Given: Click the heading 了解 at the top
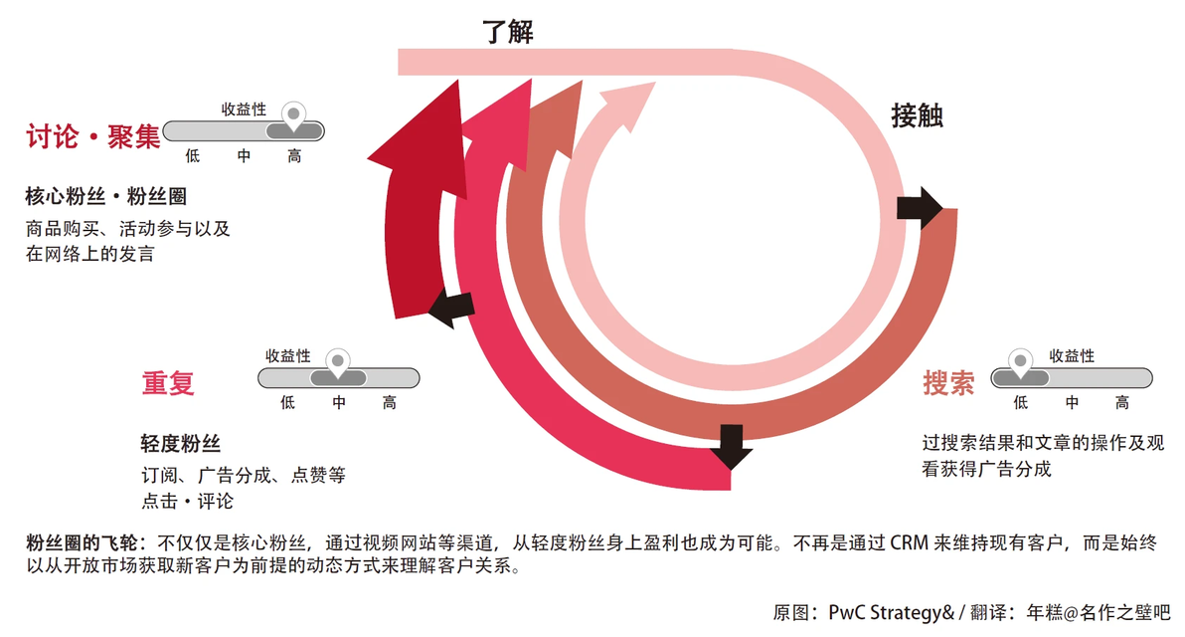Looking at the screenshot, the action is point(508,32).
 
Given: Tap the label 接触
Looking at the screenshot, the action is point(917,115).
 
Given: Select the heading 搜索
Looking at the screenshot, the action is point(948,383).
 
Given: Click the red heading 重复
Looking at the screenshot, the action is point(168,383).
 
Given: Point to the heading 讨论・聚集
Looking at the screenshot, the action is point(93,137).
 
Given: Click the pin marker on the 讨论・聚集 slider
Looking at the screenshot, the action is point(293,115).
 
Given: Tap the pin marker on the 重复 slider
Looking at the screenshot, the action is point(338,362).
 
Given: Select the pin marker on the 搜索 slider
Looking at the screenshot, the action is point(1020,362).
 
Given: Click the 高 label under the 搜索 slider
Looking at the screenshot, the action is point(1122,402).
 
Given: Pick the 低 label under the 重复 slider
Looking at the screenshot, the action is point(288,402).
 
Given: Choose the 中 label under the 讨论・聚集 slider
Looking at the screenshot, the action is point(244,156).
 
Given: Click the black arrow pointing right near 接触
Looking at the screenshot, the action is point(919,207).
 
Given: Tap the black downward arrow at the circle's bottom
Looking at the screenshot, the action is point(731,447).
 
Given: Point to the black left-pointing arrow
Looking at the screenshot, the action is point(452,308).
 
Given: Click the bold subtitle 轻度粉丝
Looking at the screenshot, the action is point(181,443).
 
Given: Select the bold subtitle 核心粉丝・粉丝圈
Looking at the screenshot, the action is point(105,197).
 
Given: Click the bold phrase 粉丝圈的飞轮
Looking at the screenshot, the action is point(83,542).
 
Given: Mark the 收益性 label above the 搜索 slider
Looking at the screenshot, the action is point(1072,355).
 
